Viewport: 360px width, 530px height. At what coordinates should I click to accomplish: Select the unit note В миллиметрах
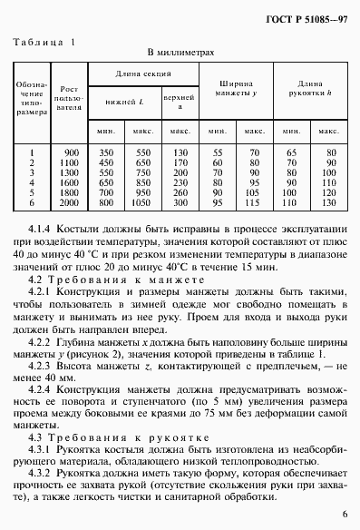coord(180,54)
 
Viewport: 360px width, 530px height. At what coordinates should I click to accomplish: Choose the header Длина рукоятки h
coord(309,88)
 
